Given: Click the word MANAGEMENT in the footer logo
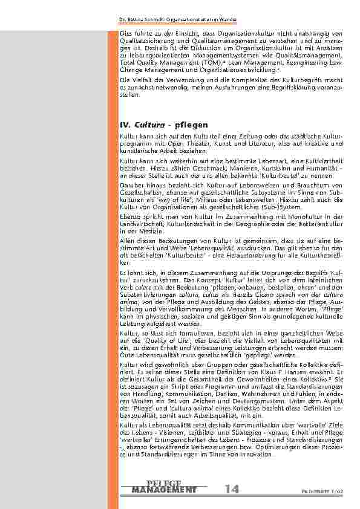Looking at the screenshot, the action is pyautogui.click(x=163, y=489).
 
